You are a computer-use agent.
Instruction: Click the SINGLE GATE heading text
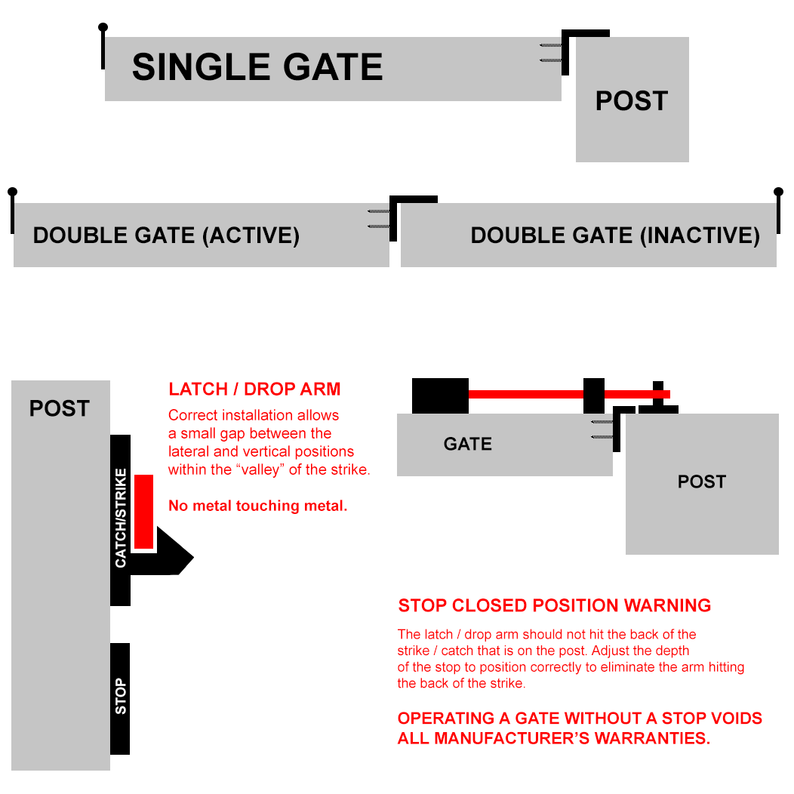point(257,67)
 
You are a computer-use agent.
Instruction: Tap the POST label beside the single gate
point(631,101)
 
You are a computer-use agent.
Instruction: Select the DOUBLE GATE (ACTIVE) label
point(166,235)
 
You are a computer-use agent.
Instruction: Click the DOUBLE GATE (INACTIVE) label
point(614,235)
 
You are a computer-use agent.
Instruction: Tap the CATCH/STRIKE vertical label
point(121,518)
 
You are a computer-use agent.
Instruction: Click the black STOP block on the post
point(120,698)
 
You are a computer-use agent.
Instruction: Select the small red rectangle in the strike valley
point(143,512)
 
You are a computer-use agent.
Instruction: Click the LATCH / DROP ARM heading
point(254,389)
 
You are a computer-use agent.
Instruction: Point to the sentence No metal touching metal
point(257,506)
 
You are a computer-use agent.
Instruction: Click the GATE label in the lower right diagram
point(467,444)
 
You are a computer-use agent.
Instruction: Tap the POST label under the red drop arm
point(701,482)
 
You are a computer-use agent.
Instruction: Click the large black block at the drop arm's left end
point(440,395)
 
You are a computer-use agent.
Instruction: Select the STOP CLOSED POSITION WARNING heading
point(554,605)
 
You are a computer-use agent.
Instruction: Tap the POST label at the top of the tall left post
point(59,408)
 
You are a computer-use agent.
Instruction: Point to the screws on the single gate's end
point(551,52)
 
